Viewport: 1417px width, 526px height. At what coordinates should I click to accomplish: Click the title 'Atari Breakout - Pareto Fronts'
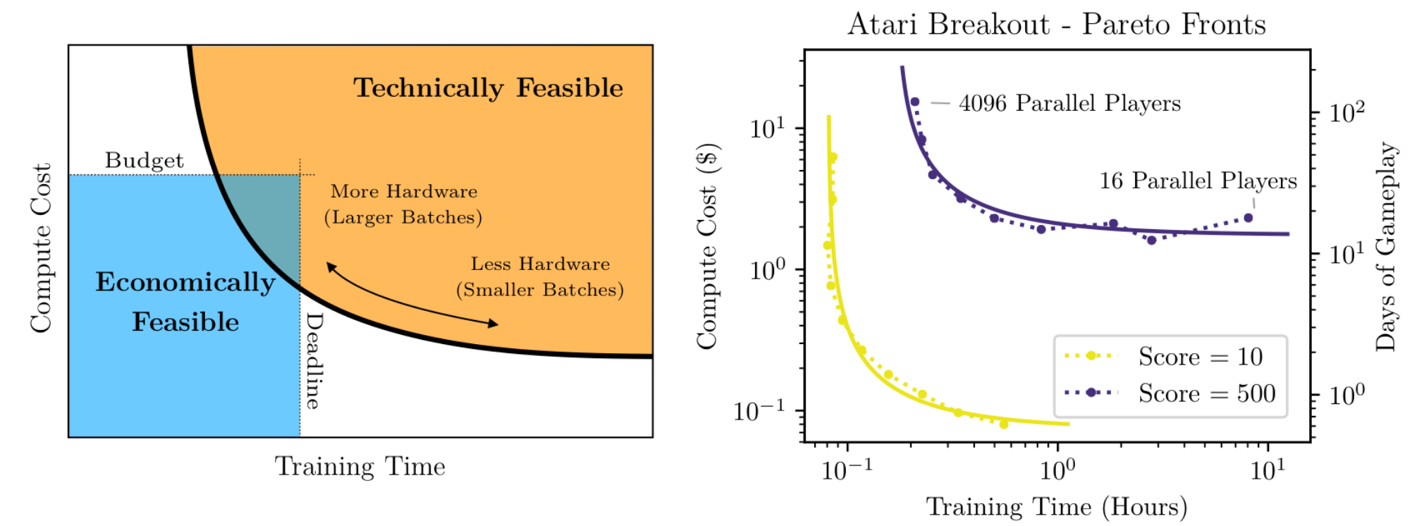point(1056,25)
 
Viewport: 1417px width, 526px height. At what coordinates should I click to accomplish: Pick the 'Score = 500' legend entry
point(1170,393)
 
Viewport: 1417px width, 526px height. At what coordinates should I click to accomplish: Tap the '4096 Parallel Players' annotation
point(1069,103)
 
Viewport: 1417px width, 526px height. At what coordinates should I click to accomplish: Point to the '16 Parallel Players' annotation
point(1198,181)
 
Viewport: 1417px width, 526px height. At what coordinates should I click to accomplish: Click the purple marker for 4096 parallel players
point(915,102)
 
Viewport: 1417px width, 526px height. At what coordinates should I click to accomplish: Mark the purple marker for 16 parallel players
point(1249,218)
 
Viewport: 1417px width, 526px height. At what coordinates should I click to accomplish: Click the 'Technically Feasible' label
point(489,88)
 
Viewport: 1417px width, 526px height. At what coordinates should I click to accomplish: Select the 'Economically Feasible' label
point(185,302)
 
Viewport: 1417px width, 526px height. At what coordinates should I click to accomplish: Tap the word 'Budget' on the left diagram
point(144,160)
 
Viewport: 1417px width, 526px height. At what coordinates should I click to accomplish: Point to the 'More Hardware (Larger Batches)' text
point(403,204)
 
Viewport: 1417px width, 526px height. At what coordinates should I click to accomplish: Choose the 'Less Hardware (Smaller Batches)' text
point(540,276)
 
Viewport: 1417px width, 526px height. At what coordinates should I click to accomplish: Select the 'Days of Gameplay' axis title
point(1386,247)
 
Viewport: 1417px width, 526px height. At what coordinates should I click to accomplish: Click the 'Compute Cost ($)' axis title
point(707,246)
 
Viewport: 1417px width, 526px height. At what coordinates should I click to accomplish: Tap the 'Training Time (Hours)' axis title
point(1056,507)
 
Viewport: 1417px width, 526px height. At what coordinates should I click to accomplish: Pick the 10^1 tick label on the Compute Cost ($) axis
point(768,128)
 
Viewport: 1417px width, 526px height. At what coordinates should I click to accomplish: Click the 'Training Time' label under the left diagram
point(360,466)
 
